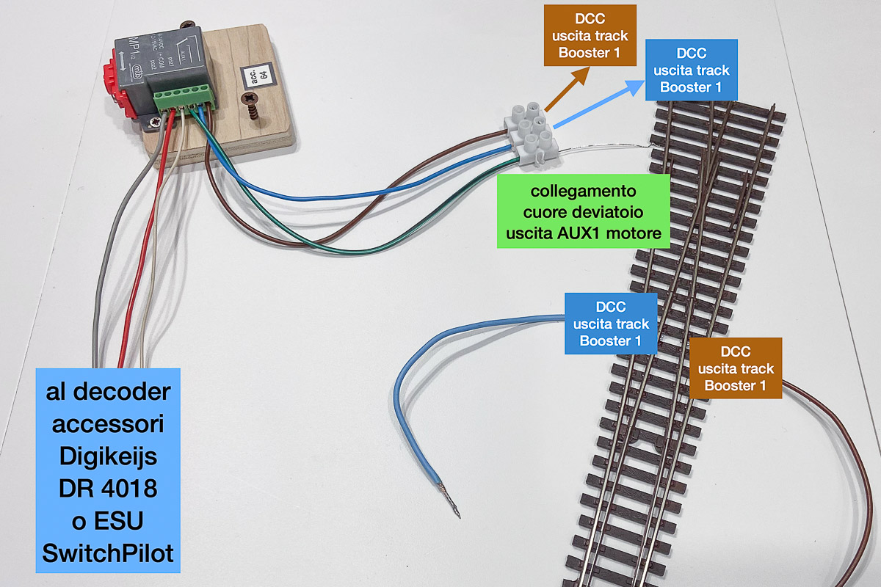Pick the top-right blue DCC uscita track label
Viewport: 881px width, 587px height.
click(691, 70)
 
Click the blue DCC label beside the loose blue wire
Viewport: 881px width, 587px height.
click(611, 324)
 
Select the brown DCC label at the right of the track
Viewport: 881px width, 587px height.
click(736, 368)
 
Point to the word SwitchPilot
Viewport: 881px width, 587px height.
click(108, 553)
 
